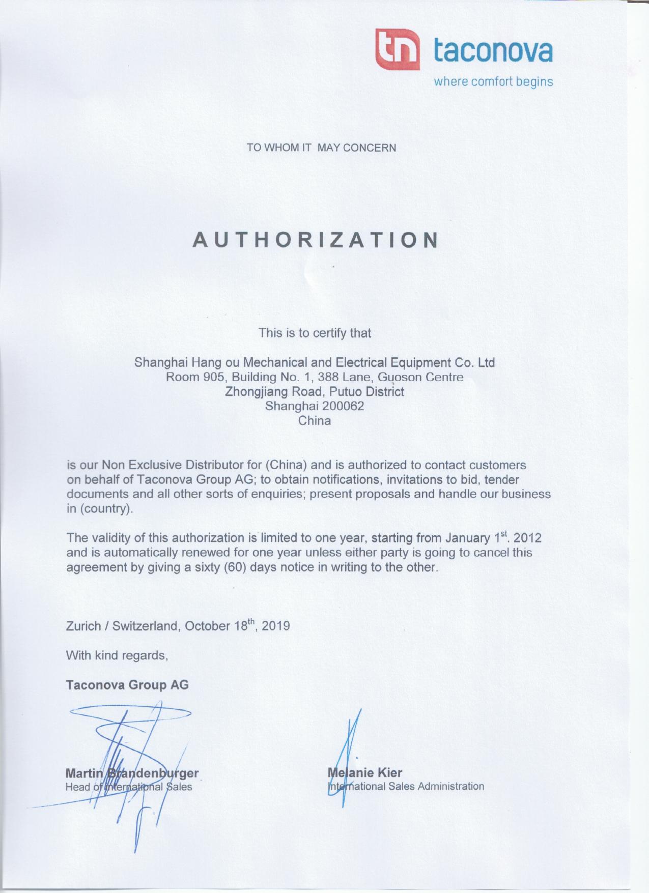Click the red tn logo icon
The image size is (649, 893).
[398, 49]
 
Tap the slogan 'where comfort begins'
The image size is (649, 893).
[493, 81]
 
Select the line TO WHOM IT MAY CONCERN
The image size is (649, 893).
[321, 148]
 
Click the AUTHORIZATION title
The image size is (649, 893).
[316, 240]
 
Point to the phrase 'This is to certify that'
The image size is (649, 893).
[315, 333]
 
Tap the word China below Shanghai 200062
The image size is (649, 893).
[315, 421]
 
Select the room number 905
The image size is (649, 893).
[213, 378]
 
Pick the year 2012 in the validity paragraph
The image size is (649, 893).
[527, 538]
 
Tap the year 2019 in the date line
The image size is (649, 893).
[276, 626]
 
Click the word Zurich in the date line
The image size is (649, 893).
[83, 626]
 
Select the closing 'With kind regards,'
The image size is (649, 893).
[117, 655]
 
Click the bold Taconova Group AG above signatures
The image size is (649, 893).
[127, 685]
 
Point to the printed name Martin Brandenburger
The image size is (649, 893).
[132, 773]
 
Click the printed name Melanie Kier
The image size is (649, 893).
[365, 772]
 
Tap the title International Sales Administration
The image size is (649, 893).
[406, 786]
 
